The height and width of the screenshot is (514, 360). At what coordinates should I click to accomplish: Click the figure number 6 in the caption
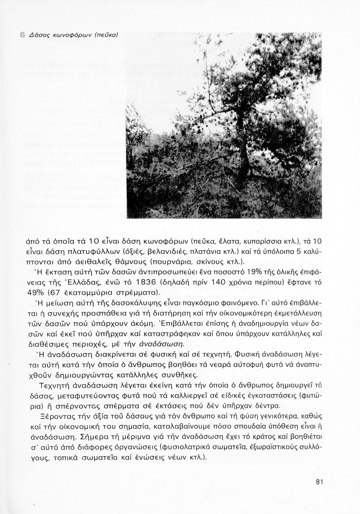22,35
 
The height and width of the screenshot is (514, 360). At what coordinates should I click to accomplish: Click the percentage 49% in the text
34,293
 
